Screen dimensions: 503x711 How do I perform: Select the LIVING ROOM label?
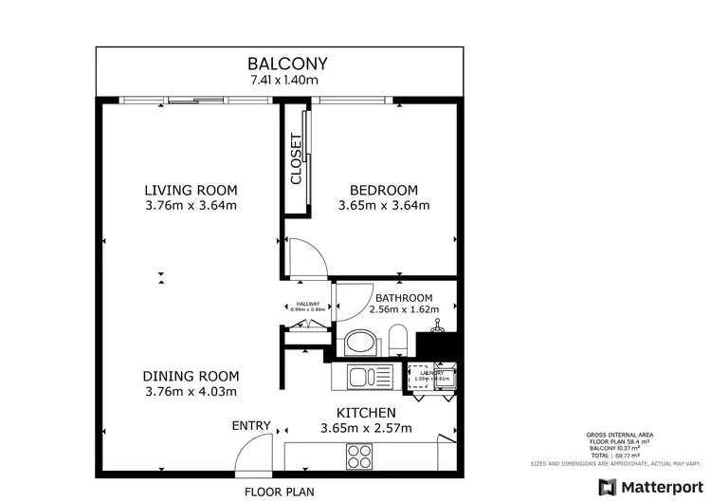pyautogui.click(x=190, y=189)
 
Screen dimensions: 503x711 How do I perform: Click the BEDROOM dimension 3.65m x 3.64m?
pyautogui.click(x=384, y=205)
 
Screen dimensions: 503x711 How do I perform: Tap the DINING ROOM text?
pyautogui.click(x=191, y=375)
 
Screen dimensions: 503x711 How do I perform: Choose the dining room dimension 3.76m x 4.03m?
pyautogui.click(x=191, y=391)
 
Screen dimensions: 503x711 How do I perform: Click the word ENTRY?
pyautogui.click(x=251, y=425)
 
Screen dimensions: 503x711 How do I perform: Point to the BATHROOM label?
pyautogui.click(x=404, y=297)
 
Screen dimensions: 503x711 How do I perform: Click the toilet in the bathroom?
pyautogui.click(x=399, y=342)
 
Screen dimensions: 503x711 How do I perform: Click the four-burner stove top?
pyautogui.click(x=361, y=457)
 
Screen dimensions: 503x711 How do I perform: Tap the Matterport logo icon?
pyautogui.click(x=603, y=487)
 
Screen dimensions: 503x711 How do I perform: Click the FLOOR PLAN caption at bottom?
pyautogui.click(x=279, y=492)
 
